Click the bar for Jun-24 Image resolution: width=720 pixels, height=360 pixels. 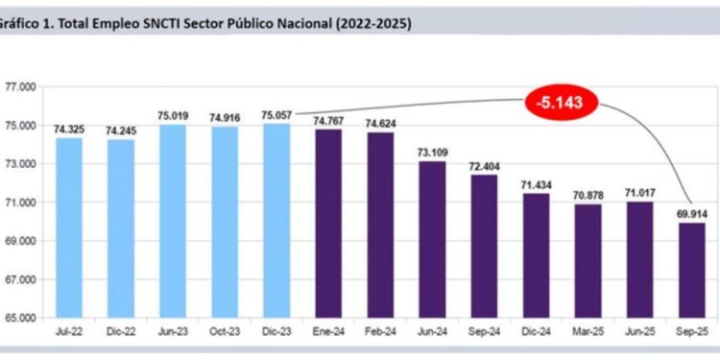click(433, 239)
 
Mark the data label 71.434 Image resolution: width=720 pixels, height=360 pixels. click(538, 184)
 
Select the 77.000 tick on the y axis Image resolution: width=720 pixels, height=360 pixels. click(19, 87)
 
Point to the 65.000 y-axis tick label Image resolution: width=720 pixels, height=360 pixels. click(19, 318)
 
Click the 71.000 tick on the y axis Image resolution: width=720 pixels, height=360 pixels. click(19, 203)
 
